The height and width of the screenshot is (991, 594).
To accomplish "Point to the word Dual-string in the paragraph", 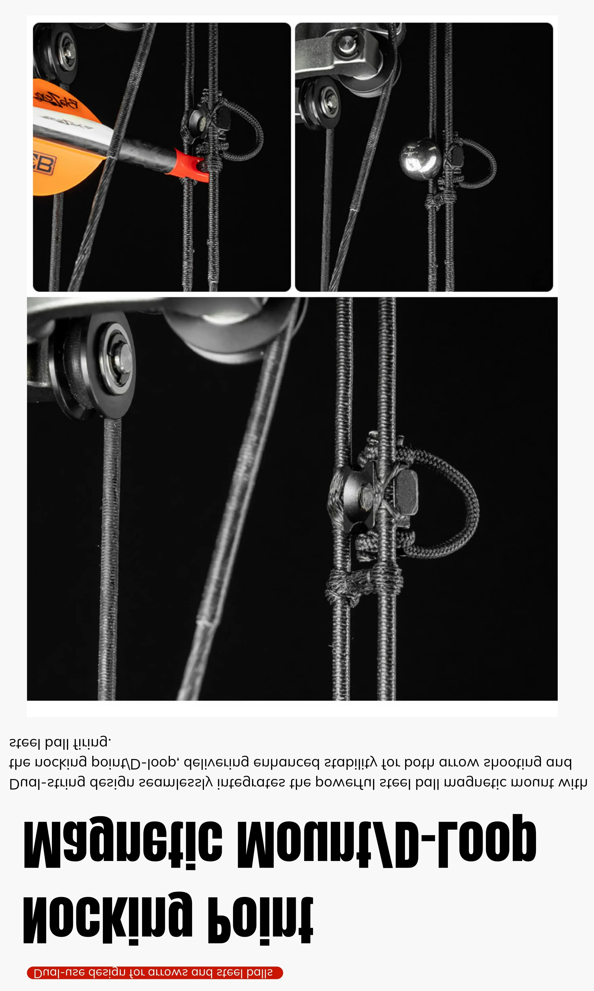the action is tap(47, 782).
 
